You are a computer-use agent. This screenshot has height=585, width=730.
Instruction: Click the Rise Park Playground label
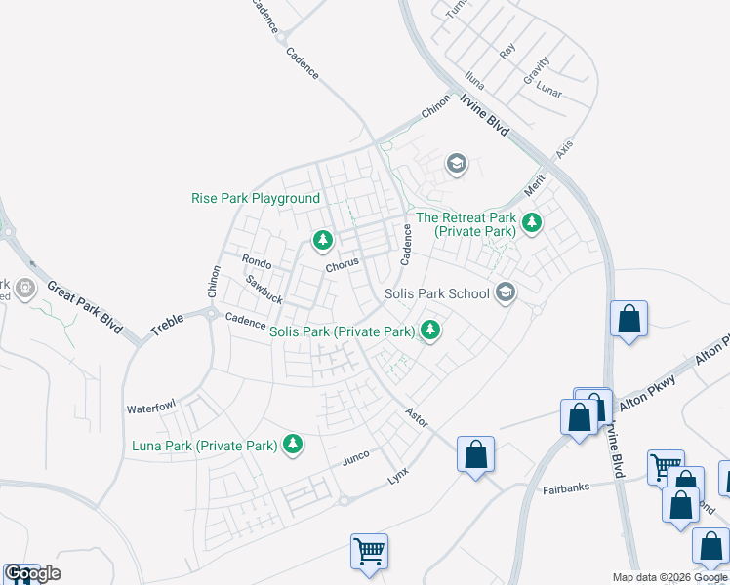click(256, 198)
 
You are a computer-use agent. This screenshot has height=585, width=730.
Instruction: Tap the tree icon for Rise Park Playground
click(322, 239)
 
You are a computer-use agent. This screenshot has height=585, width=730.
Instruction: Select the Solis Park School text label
click(436, 293)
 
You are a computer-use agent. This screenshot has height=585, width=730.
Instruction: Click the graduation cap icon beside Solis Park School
click(506, 292)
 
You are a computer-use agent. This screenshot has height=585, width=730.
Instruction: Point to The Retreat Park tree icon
click(532, 223)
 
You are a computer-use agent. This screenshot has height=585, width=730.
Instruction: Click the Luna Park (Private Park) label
click(205, 446)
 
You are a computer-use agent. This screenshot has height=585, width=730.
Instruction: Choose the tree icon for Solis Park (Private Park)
click(428, 331)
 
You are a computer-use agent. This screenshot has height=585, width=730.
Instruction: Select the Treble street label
click(167, 326)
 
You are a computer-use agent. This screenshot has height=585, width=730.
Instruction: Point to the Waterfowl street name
click(149, 408)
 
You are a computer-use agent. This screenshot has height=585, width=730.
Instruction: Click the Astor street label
click(418, 415)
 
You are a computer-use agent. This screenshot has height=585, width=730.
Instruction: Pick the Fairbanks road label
click(565, 489)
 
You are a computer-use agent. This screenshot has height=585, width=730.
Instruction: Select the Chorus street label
click(343, 264)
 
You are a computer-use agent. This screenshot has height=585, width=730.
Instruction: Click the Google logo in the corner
click(31, 573)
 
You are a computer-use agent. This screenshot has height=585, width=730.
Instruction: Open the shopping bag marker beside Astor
click(475, 454)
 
